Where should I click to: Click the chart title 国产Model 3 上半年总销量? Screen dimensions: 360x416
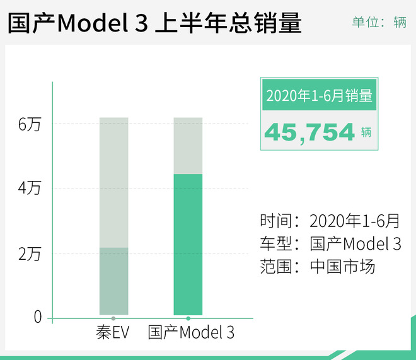pos(155,23)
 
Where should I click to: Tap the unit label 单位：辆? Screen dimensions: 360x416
pos(378,22)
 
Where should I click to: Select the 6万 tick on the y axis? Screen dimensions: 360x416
pos(30,124)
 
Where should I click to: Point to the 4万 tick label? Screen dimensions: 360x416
pos(30,189)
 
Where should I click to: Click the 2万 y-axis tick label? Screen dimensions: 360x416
pos(30,254)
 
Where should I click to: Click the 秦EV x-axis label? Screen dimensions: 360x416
pos(112,332)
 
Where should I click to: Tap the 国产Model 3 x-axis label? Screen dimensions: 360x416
pos(191,332)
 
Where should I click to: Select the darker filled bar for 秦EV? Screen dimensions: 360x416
pos(113,281)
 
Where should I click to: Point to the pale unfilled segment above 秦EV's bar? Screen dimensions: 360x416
pos(113,182)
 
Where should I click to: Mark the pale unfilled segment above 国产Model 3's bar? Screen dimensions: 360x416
pos(188,145)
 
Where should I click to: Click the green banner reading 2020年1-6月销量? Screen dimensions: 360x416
pos(319,96)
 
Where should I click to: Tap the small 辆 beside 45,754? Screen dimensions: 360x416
pos(367,132)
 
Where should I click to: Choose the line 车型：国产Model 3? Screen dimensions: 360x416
pos(330,244)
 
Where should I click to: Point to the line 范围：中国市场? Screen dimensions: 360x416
pos(317,267)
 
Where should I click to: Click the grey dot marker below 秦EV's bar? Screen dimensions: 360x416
pos(113,318)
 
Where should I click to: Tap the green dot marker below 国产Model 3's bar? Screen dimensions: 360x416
pos(188,318)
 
